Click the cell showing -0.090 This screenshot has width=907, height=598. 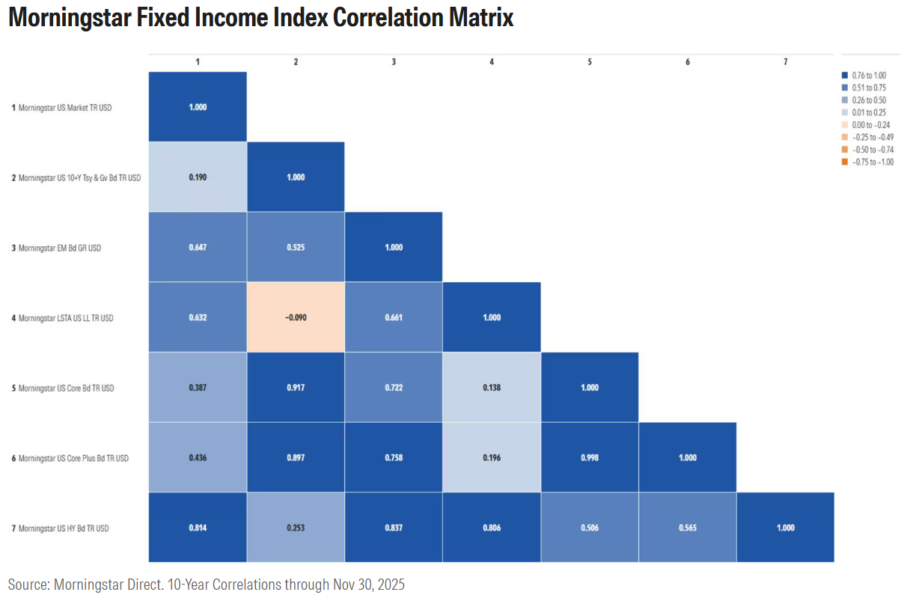point(296,317)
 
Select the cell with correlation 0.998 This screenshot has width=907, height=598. point(589,457)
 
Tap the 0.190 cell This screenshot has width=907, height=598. point(198,177)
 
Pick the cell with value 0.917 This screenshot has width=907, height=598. point(296,388)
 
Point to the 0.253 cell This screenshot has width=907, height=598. point(296,528)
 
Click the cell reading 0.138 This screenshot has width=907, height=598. point(491,388)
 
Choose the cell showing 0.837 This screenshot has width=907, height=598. point(394,528)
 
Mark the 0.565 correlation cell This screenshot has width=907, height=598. point(687,528)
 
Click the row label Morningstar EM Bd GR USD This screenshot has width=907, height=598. point(59,248)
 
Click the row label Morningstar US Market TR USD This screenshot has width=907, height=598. point(64,108)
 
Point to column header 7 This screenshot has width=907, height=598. point(785,62)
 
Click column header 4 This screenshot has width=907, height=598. point(491,62)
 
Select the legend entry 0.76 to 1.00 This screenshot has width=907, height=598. point(868,75)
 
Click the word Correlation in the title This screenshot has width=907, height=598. point(387,17)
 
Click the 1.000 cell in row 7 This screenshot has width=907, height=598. point(785,528)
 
